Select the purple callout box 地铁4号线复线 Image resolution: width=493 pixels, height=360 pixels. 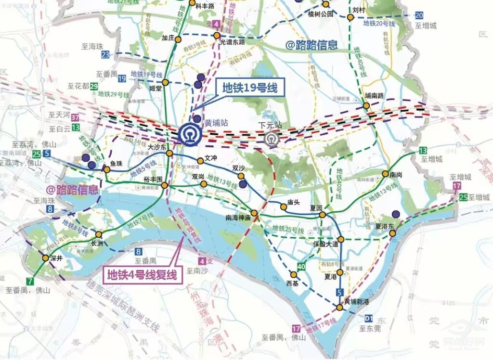pyautogui.click(x=142, y=275)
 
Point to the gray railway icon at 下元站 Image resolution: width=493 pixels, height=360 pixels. pyautogui.click(x=272, y=138)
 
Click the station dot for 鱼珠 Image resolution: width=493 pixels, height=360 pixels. pyautogui.click(x=107, y=169)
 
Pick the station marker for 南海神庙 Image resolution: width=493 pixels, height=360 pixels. pyautogui.click(x=254, y=213)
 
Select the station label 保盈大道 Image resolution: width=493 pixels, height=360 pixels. pyautogui.click(x=326, y=244)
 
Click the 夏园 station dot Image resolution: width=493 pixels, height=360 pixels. pyautogui.click(x=322, y=215)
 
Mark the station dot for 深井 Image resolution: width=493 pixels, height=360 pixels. pyautogui.click(x=45, y=258)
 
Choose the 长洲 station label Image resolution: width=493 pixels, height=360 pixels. pyautogui.click(x=98, y=244)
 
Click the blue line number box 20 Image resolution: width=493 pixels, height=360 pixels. pyautogui.click(x=419, y=15)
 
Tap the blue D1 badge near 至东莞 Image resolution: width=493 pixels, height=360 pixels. pyautogui.click(x=369, y=318)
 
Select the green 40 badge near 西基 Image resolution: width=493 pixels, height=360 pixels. pyautogui.click(x=301, y=267)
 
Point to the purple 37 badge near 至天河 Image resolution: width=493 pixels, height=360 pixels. pyautogui.click(x=75, y=118)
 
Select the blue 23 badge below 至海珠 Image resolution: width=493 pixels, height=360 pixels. pyautogui.click(x=105, y=55)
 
